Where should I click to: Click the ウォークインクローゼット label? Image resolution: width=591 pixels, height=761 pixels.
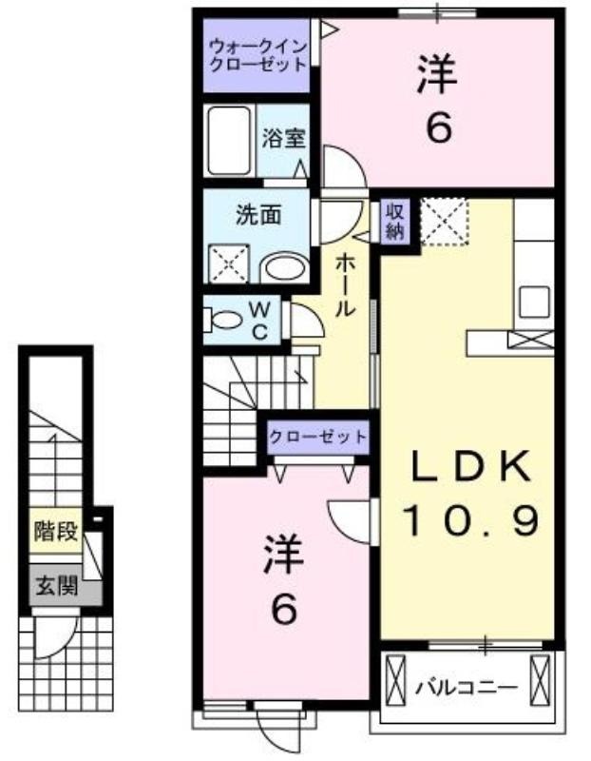point(257,55)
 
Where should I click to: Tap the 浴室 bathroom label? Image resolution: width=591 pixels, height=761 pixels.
point(283,139)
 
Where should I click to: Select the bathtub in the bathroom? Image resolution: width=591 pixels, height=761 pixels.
point(229,141)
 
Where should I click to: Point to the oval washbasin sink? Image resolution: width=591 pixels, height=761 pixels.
point(284,267)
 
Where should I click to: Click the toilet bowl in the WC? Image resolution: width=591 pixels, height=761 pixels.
point(226,320)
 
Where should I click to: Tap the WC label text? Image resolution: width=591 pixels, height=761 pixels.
point(259,321)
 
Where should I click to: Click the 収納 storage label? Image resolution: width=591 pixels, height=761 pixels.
point(394,221)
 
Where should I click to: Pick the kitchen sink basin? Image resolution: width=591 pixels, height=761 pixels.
point(535,302)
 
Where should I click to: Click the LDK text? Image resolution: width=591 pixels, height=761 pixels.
point(469,465)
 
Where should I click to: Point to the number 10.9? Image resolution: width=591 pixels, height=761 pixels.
point(471,519)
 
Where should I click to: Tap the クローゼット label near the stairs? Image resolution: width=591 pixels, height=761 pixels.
point(318,437)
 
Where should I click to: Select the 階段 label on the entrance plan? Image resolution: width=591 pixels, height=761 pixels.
point(56,531)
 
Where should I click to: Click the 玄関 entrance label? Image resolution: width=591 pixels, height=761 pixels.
point(56,587)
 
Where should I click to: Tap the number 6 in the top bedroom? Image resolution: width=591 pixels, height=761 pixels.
point(440,128)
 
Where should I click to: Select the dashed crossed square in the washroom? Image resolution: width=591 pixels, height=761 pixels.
point(228,263)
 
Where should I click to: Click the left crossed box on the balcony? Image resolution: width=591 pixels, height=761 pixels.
point(394,682)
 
